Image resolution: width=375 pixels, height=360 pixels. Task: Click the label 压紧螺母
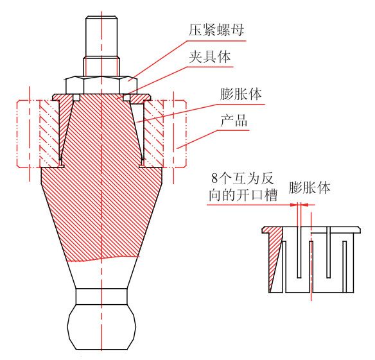tap(216, 30)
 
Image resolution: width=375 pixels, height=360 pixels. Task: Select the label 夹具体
tap(210, 57)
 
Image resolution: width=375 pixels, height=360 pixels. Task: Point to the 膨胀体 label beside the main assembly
tap(241, 94)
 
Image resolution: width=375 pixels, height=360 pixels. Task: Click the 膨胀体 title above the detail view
tap(310, 187)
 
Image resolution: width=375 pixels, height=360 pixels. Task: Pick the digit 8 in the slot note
tap(214, 178)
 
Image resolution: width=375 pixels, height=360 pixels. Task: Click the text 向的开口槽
tap(243, 195)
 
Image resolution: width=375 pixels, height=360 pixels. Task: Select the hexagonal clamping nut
tap(101, 85)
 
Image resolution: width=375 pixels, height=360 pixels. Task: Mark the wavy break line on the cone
tap(103, 259)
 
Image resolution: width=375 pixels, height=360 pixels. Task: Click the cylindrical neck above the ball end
tap(101, 296)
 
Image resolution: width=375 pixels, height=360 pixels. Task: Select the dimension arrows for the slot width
tap(299, 205)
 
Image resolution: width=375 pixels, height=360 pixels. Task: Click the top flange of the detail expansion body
tap(311, 230)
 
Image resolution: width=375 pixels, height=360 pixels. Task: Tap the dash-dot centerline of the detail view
tap(311, 256)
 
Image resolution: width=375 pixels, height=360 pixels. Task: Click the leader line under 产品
tap(213, 139)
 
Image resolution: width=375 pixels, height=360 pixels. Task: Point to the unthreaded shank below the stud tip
tap(101, 67)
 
